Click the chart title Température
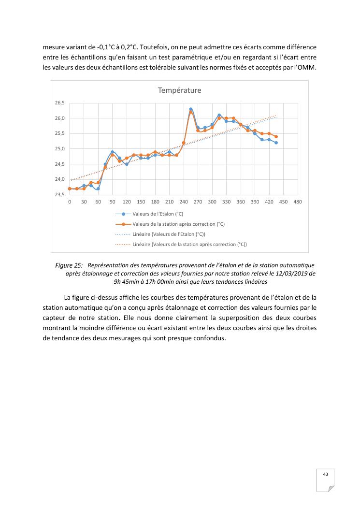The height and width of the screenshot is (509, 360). click(x=179, y=90)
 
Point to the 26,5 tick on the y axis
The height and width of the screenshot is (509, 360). click(x=59, y=103)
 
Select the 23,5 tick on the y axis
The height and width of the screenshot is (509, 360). click(x=59, y=195)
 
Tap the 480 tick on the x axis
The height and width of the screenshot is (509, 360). click(x=298, y=202)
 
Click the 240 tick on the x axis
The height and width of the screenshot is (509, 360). click(x=184, y=202)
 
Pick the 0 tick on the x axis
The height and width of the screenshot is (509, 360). click(x=70, y=202)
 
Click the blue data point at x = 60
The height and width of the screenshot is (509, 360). click(x=98, y=189)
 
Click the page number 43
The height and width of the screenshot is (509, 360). click(x=326, y=474)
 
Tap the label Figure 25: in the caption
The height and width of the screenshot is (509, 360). click(x=69, y=265)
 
